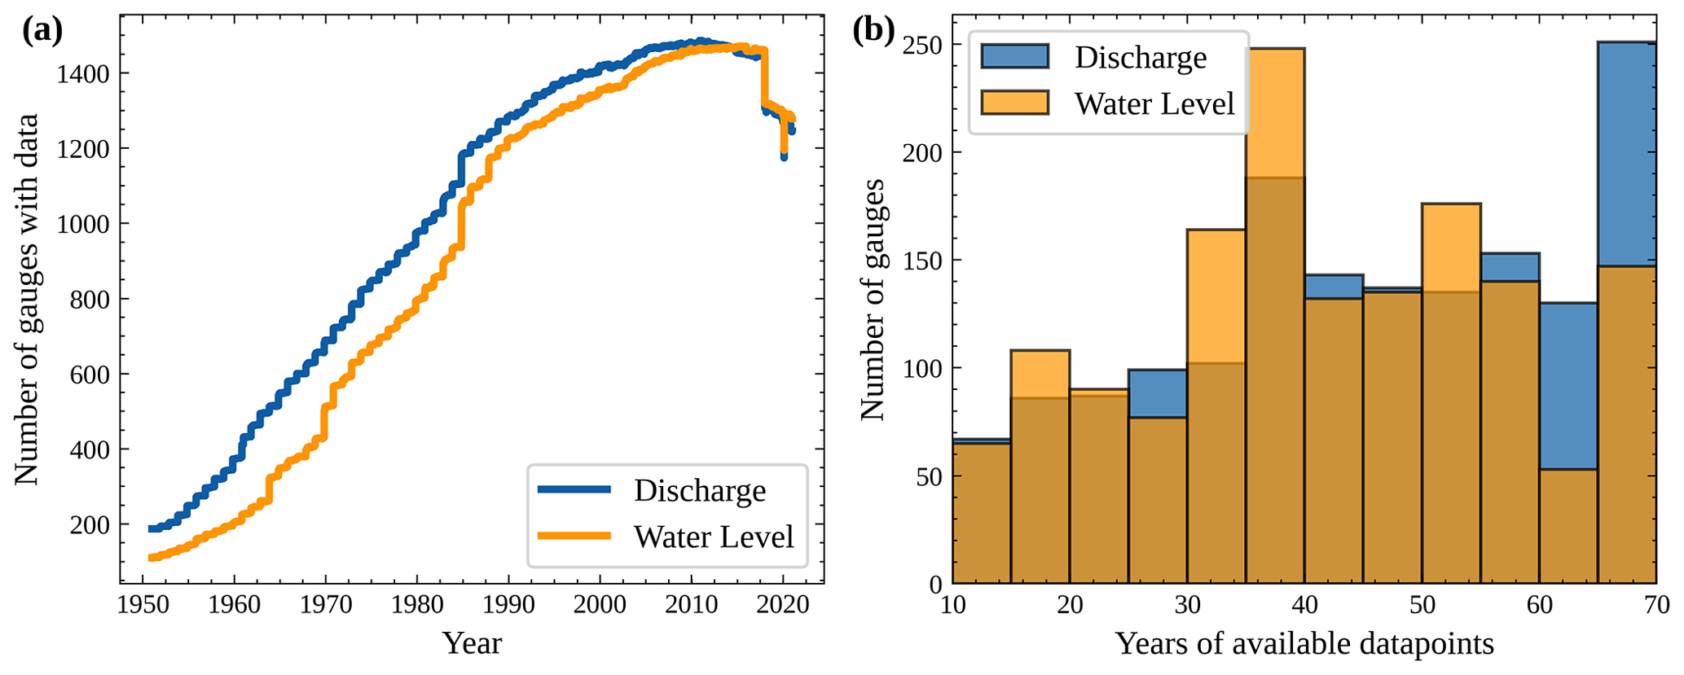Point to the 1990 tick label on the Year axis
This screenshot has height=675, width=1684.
coord(508,605)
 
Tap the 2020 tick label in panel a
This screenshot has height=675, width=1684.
coord(783,605)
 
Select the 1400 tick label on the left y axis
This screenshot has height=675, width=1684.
coord(82,74)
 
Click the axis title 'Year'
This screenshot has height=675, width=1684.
coord(472,643)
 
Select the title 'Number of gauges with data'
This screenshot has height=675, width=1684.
coord(27,300)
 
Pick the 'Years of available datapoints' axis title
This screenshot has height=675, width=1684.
coord(1304,643)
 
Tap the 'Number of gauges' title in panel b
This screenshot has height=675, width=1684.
coord(873,300)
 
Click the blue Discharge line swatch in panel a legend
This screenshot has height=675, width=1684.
coord(574,489)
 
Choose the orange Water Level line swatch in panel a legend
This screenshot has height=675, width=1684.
coord(574,536)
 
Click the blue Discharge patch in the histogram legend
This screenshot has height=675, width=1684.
coord(1014,56)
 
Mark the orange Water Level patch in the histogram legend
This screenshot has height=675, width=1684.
coord(1014,103)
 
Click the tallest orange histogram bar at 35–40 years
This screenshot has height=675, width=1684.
coord(1275,114)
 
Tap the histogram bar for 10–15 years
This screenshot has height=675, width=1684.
coord(981,513)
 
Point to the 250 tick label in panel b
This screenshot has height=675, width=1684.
coord(922,46)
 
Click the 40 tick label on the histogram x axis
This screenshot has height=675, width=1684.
coord(1304,605)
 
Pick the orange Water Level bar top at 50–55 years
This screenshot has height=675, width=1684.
coord(1451,244)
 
